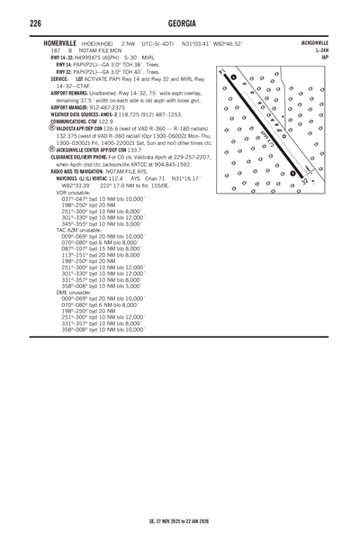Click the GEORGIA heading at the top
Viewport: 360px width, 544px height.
[180, 22]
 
